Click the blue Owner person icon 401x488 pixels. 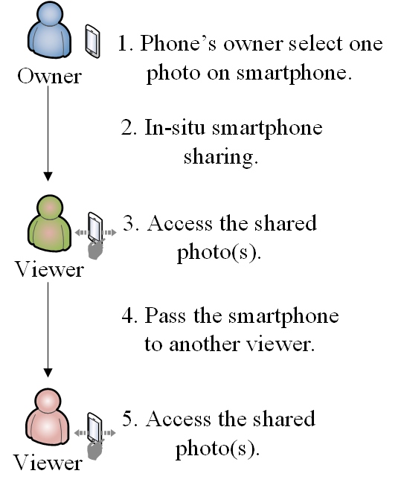pos(50,30)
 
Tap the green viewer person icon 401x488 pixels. pos(50,222)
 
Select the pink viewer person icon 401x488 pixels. pos(48,417)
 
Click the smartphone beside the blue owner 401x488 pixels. pos(92,41)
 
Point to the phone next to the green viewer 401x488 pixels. pos(95,227)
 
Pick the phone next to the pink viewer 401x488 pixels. pos(94,428)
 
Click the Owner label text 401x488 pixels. pos(49,76)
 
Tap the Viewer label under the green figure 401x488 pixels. pos(49,269)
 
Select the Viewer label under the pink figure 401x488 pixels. pos(48,463)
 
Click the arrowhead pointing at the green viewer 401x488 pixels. pos(48,176)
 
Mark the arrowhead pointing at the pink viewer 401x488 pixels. pos(48,373)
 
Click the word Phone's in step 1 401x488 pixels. pos(178,43)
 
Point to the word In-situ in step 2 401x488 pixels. pos(175,127)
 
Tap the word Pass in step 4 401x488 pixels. pos(165,315)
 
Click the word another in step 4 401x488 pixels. pos(205,344)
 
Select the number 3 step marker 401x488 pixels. pos(128,223)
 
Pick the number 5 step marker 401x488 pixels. pos(128,418)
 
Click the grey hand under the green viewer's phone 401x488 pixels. pos(95,250)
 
